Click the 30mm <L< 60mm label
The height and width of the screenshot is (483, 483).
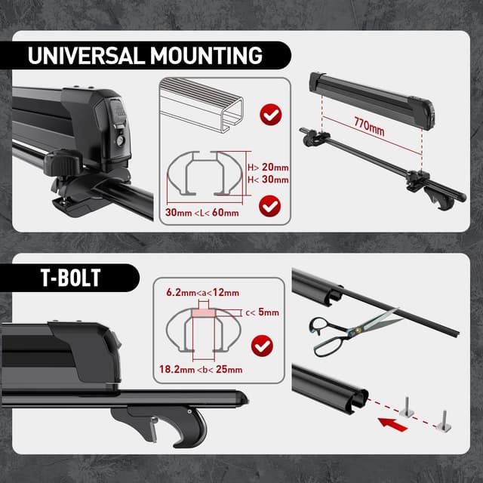202,214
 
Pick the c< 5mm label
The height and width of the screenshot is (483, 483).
261,312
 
